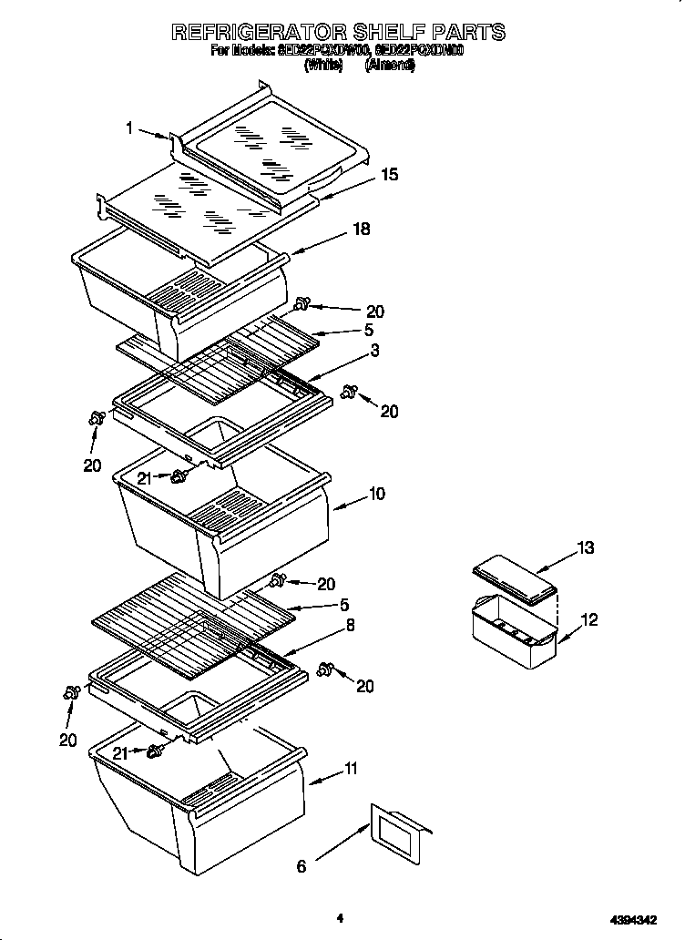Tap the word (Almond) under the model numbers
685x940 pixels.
pos(390,66)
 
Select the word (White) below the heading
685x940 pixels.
pos(323,66)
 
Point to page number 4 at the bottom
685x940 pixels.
pos(339,918)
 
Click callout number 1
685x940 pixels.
pos(131,128)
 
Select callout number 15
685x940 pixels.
pos(389,175)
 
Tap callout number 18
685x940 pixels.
pos(361,230)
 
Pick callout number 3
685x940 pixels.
pos(374,350)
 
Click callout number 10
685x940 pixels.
pos(376,494)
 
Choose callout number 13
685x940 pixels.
pos(585,547)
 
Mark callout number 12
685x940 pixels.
pos(589,620)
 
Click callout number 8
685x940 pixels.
pos(350,626)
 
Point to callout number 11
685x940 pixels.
pos(351,771)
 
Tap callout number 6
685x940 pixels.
pos(302,866)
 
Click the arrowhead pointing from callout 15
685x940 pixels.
pos(314,196)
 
